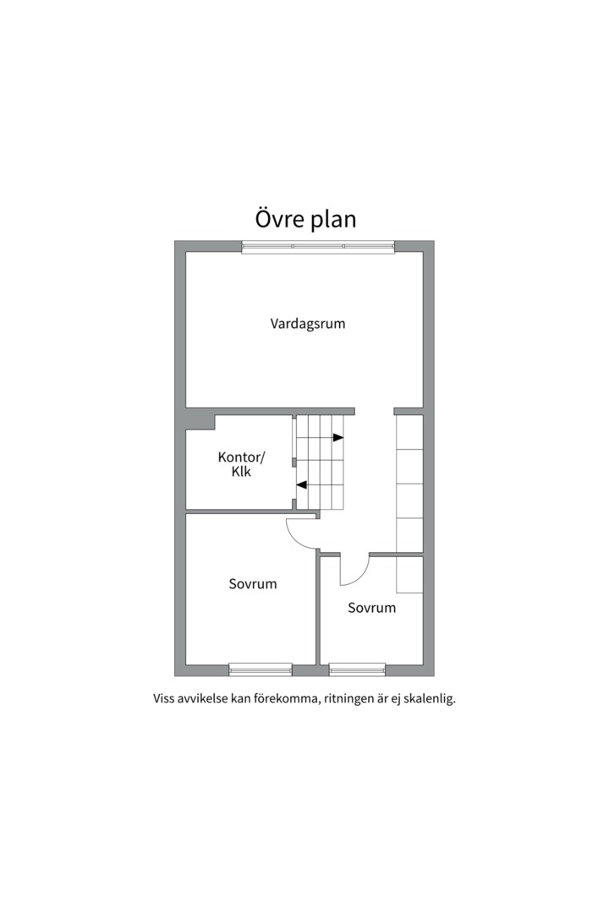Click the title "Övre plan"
305,219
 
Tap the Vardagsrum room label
308,323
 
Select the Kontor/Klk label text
241,464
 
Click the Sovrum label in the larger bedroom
252,583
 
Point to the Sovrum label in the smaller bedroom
371,607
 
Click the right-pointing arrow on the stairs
338,438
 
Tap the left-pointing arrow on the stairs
301,484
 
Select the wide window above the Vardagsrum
318,247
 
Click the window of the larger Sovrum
261,670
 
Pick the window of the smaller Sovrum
357,670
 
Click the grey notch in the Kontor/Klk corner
200,418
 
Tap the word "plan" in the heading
331,219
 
